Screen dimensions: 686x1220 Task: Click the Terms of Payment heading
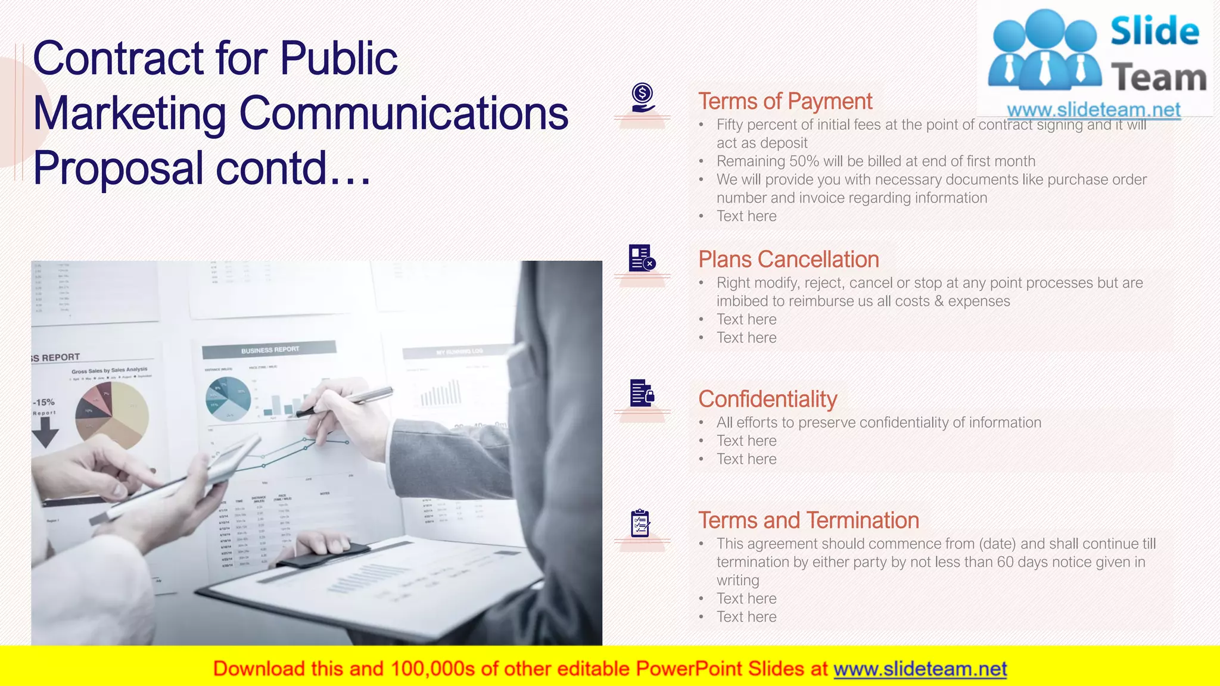[x=785, y=102]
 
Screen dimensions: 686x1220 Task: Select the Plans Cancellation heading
[x=788, y=260]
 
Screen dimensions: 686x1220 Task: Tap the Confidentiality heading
[x=767, y=399]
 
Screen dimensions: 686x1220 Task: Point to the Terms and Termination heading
[x=808, y=520]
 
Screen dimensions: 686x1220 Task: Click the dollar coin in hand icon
[x=642, y=98]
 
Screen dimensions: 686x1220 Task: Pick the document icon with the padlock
[x=642, y=393]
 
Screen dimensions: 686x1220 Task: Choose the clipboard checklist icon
[x=640, y=523]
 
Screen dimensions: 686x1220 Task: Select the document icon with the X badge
[x=642, y=258]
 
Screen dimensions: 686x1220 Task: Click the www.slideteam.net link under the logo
[x=1093, y=110]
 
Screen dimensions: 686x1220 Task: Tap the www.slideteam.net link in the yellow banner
[x=920, y=669]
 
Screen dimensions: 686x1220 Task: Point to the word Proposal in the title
[x=119, y=168]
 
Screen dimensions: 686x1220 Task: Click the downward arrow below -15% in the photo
[x=45, y=432]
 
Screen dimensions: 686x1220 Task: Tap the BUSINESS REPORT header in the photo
[x=270, y=350]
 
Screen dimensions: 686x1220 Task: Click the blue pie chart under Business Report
[x=228, y=398]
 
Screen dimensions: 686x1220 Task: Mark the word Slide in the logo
[x=1154, y=31]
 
